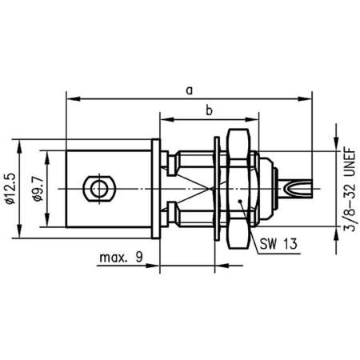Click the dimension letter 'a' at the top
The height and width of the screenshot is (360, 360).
tap(189, 90)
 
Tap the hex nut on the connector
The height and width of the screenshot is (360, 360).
tap(238, 189)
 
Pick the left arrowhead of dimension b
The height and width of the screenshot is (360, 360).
tap(165, 120)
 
